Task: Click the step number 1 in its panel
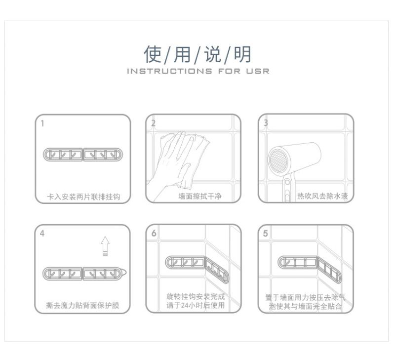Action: point(42,123)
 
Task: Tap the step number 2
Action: point(153,123)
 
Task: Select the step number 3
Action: point(266,122)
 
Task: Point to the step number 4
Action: point(42,234)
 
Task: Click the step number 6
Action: point(154,233)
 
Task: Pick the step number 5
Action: point(266,233)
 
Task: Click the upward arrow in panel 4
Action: point(105,246)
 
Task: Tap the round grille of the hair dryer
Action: point(278,160)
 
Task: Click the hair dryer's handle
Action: point(287,188)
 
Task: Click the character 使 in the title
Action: point(153,54)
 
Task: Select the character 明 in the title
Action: point(242,54)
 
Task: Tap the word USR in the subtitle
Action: point(258,71)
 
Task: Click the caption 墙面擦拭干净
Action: point(200,196)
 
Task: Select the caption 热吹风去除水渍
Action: point(322,196)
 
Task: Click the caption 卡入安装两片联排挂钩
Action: point(83,197)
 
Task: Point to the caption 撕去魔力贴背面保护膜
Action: point(82,305)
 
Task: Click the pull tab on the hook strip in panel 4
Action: point(124,272)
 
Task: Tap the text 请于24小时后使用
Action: point(196,305)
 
